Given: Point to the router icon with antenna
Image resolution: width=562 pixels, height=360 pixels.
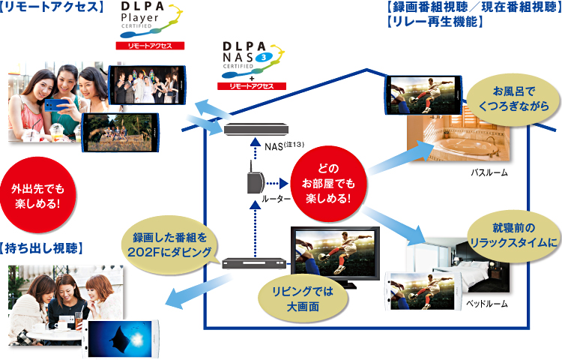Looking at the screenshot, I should point(253,181).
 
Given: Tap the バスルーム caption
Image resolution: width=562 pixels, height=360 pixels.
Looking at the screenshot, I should point(489,172).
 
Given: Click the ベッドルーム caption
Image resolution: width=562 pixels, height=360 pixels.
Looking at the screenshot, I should point(488,304).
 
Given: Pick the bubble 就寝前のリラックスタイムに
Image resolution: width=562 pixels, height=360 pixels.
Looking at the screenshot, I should point(513,235).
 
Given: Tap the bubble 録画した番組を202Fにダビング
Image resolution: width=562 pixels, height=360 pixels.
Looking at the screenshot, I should point(172,244).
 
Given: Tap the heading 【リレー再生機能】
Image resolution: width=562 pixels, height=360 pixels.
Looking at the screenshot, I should point(433,22).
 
